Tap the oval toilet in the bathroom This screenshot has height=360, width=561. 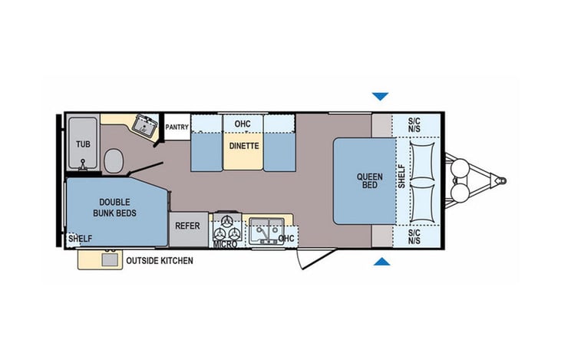tap(113, 160)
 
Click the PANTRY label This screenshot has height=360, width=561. tap(177, 127)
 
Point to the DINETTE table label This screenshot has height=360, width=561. tap(243, 146)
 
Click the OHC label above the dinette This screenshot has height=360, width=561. tap(243, 123)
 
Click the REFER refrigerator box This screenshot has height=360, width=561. tap(187, 226)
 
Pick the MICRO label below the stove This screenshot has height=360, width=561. tap(225, 244)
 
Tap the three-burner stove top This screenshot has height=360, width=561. tap(228, 227)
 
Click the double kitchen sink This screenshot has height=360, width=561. tap(266, 230)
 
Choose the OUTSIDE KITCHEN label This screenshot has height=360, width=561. tap(159, 261)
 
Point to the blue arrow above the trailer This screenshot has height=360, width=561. tap(380, 97)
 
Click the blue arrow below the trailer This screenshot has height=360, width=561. tap(381, 263)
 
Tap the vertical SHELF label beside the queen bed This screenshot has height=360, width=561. tap(401, 178)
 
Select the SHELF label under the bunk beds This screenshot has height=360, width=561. tap(80, 239)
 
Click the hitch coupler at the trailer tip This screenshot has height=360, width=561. tap(500, 180)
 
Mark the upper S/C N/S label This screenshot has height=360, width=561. tap(414, 126)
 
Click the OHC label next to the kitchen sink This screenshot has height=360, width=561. tap(286, 239)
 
